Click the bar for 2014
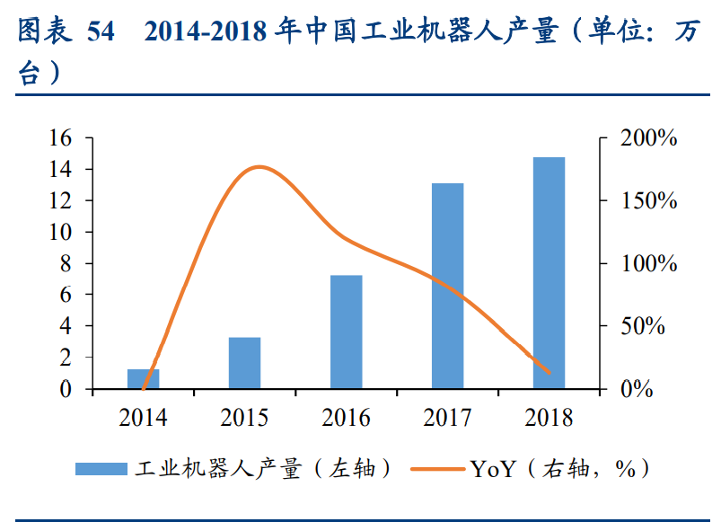[144, 379]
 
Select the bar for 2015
[244, 363]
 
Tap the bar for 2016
[346, 332]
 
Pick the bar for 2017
[447, 286]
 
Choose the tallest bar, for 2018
[549, 273]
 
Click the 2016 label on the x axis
[346, 419]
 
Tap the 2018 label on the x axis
[549, 419]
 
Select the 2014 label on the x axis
[143, 419]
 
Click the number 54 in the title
[104, 34]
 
